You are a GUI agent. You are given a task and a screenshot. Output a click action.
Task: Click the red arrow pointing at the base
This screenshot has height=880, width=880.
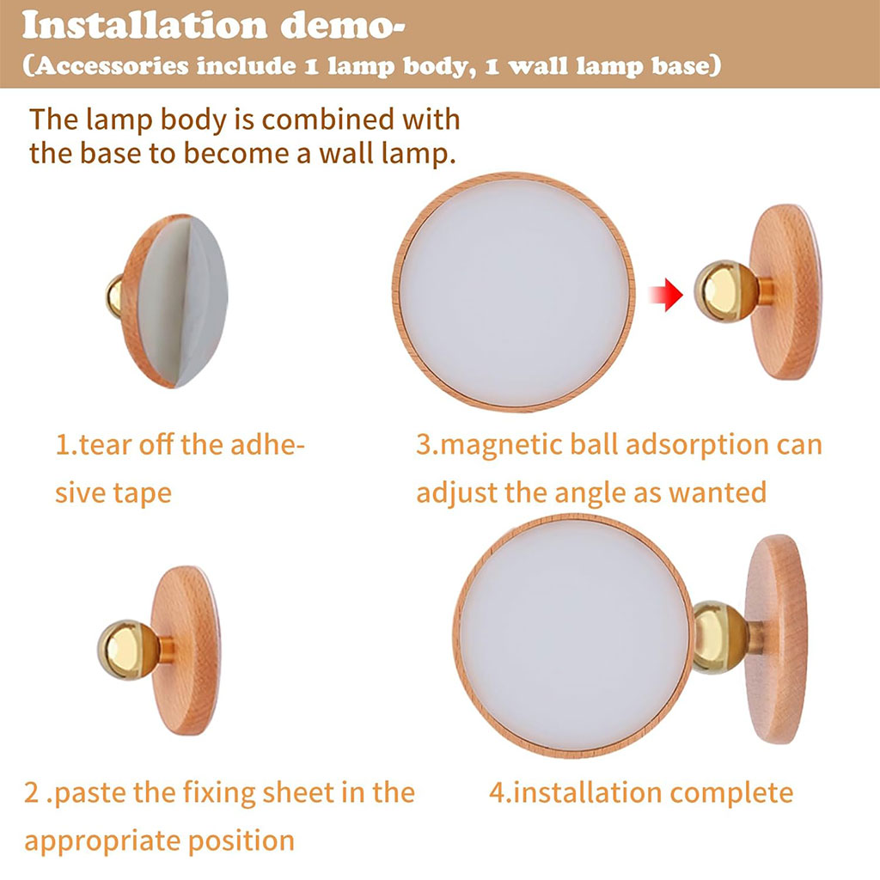tap(666, 294)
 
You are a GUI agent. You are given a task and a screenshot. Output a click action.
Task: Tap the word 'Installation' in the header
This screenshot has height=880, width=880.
tap(144, 26)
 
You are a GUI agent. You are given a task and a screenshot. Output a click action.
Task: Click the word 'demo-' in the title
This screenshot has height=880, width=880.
tap(342, 26)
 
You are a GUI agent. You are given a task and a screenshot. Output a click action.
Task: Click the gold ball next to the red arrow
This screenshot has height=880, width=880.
tap(724, 291)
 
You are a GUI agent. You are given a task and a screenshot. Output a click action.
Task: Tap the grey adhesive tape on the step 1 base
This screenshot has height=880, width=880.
tap(182, 302)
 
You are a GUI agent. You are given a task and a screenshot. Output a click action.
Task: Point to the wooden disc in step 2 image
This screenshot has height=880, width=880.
tap(186, 650)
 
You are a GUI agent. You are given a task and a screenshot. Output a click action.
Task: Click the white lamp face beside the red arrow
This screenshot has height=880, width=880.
tap(514, 292)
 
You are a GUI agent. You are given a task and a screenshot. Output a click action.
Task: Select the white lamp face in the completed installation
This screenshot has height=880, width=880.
tap(573, 636)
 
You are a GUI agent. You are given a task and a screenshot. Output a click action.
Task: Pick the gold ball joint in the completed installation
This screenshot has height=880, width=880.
tap(720, 637)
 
